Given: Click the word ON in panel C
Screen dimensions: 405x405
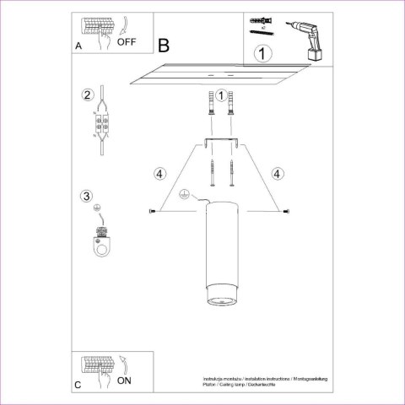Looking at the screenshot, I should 123,381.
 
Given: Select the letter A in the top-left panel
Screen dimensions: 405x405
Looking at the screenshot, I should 78,47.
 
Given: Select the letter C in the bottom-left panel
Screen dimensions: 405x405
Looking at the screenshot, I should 78,386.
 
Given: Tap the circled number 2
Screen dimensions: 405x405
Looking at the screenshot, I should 86,94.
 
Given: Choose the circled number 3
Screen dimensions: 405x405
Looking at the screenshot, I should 86,197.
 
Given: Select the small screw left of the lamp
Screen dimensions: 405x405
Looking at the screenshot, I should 152,210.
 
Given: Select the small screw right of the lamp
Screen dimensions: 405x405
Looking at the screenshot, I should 288,210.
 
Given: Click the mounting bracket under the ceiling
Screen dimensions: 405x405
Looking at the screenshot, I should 220,139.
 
